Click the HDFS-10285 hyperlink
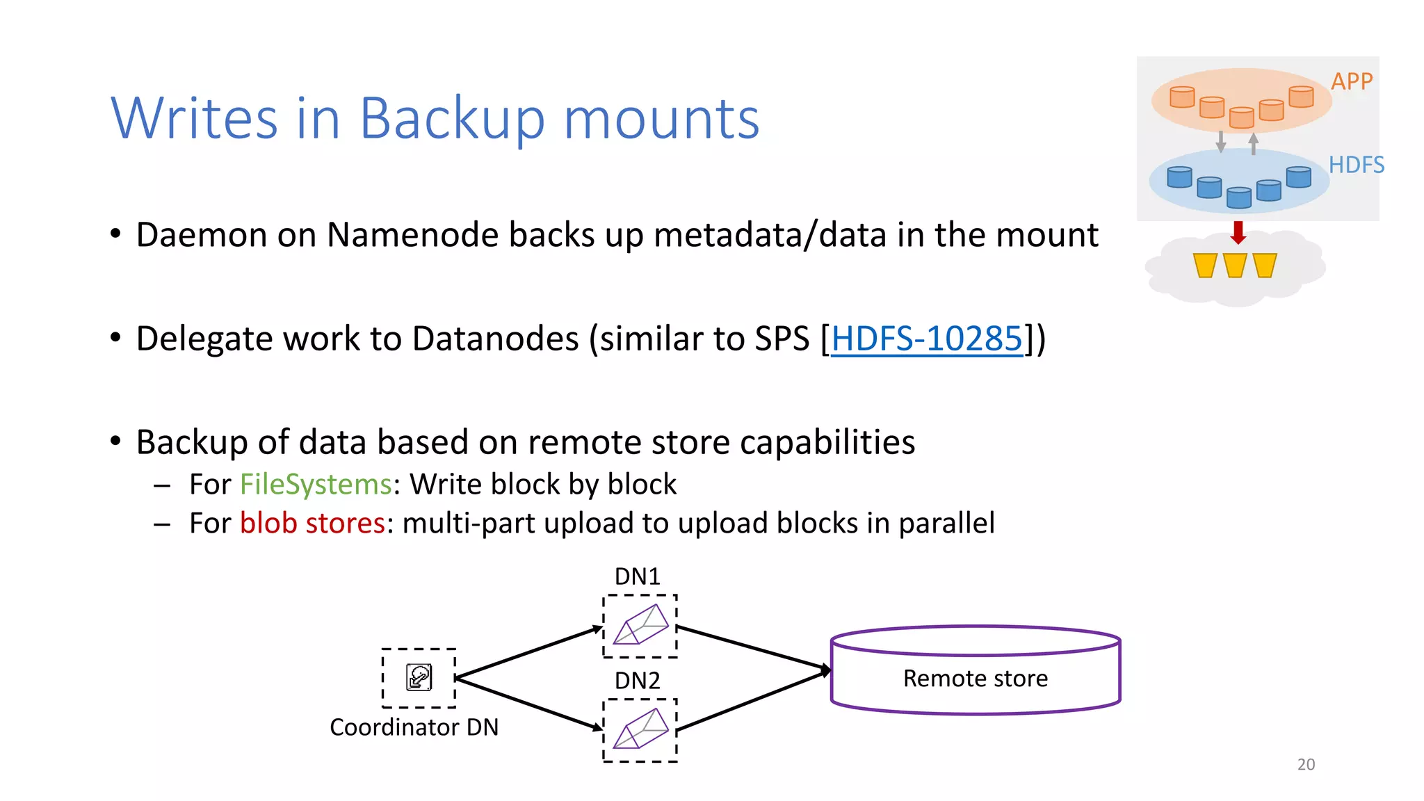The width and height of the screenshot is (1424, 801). pyautogui.click(x=927, y=339)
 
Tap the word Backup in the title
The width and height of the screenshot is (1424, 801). pyautogui.click(x=451, y=120)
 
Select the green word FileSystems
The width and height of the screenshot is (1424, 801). pyautogui.click(x=316, y=485)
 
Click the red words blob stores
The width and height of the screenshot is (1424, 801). pyautogui.click(x=312, y=524)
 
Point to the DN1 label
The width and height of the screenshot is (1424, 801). pyautogui.click(x=637, y=576)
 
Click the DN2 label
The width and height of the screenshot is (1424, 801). pyautogui.click(x=637, y=681)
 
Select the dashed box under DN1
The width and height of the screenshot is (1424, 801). pyautogui.click(x=640, y=626)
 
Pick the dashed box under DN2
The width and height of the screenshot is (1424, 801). pyautogui.click(x=640, y=730)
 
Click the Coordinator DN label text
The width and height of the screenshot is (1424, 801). pyautogui.click(x=414, y=727)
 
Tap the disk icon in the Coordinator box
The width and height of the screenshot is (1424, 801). pyautogui.click(x=419, y=677)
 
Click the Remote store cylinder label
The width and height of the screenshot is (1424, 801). pyautogui.click(x=975, y=679)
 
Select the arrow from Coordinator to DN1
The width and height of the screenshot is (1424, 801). pyautogui.click(x=528, y=652)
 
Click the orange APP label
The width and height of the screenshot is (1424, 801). pyautogui.click(x=1351, y=81)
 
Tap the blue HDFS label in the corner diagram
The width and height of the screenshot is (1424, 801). pyautogui.click(x=1356, y=165)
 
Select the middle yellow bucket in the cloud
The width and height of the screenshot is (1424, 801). pyautogui.click(x=1235, y=266)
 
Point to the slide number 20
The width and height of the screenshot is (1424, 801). pyautogui.click(x=1306, y=765)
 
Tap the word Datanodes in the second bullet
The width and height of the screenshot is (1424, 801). pyautogui.click(x=496, y=339)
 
